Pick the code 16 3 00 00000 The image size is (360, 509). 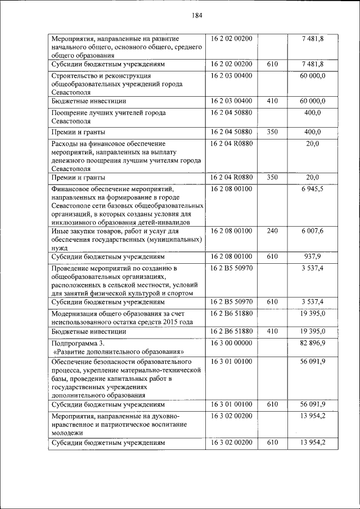tap(232, 342)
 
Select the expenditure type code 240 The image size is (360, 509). tap(272, 231)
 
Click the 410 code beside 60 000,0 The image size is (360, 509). tap(272, 101)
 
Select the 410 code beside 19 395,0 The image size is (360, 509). tap(272, 331)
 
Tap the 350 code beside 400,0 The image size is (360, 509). tap(272, 132)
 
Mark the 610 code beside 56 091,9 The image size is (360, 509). tap(272, 403)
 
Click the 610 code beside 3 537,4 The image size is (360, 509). tap(272, 301)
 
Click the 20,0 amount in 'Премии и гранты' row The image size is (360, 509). tap(313, 177)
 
